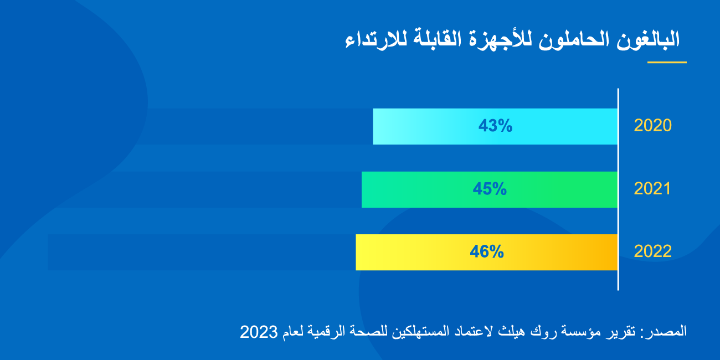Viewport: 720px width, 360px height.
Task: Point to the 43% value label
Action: pos(496,126)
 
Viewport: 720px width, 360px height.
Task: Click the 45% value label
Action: pos(490,189)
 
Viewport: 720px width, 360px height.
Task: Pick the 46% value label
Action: pos(487,252)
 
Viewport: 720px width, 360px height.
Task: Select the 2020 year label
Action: pos(652,126)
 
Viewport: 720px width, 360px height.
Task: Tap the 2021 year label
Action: pos(652,189)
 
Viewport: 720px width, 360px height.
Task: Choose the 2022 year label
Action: pos(652,251)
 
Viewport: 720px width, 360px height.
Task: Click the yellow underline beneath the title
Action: pos(667,62)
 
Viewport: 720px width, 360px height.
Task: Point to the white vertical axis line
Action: pos(618,188)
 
